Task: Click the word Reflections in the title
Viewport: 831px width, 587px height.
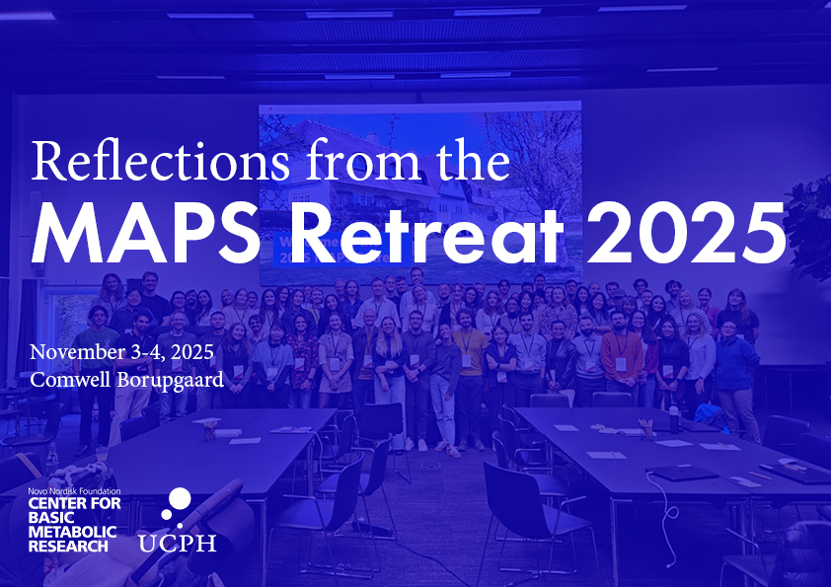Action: tap(161, 160)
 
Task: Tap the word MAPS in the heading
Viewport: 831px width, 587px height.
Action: tap(145, 233)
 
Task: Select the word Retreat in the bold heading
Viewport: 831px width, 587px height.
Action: tap(426, 233)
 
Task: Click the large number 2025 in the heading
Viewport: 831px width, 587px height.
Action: tap(686, 233)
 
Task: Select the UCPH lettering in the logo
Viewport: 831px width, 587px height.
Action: tap(178, 543)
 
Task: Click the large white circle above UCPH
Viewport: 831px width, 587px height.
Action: tap(180, 499)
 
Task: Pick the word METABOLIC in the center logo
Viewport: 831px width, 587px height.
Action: tap(72, 532)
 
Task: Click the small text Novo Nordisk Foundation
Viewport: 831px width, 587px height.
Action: tap(74, 491)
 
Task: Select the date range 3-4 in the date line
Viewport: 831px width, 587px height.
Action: tap(141, 352)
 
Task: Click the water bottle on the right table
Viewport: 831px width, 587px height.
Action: tap(674, 419)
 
